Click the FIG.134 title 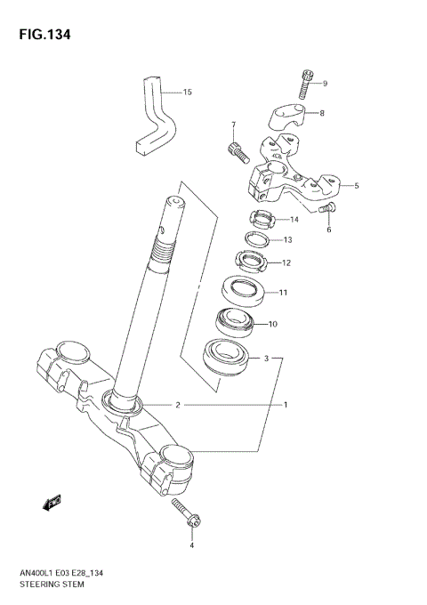pos(42,35)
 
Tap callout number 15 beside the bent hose pos(187,93)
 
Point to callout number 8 pos(322,114)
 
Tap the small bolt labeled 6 pos(326,209)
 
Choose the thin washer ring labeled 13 pos(259,240)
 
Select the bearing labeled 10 pos(238,322)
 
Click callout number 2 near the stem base pos(178,406)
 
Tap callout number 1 pos(286,406)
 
